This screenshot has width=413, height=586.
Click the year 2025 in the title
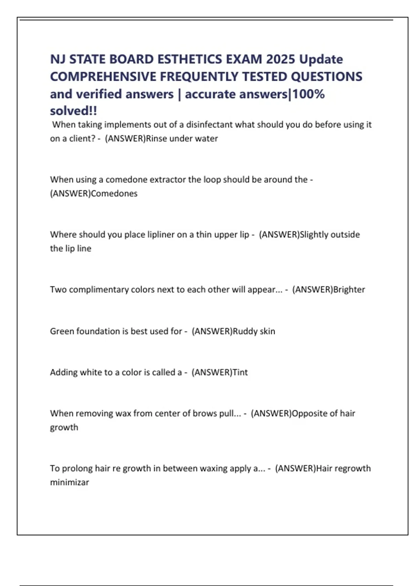pos(280,59)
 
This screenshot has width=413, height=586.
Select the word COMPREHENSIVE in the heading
pos(103,77)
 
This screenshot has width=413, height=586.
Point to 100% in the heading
pos(308,94)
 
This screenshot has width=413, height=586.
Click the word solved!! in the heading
pos(73,111)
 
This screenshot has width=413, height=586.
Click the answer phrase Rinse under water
pos(182,139)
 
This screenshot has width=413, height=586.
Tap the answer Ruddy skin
pos(254,331)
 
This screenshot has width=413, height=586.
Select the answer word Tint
pos(240,372)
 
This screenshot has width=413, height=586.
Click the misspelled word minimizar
pos(70,482)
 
